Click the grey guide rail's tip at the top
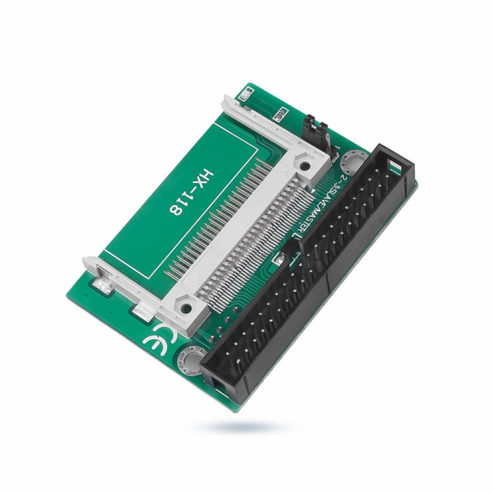coord(227,100)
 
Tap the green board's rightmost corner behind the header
coord(416,187)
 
